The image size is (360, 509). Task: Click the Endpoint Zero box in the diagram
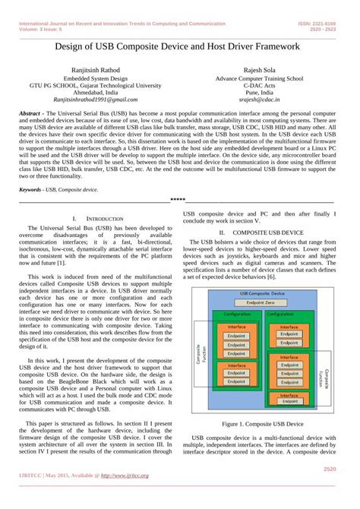pos(261,302)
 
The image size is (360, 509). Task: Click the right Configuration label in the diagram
pos(287,313)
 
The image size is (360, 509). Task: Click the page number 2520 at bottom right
pos(330,468)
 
